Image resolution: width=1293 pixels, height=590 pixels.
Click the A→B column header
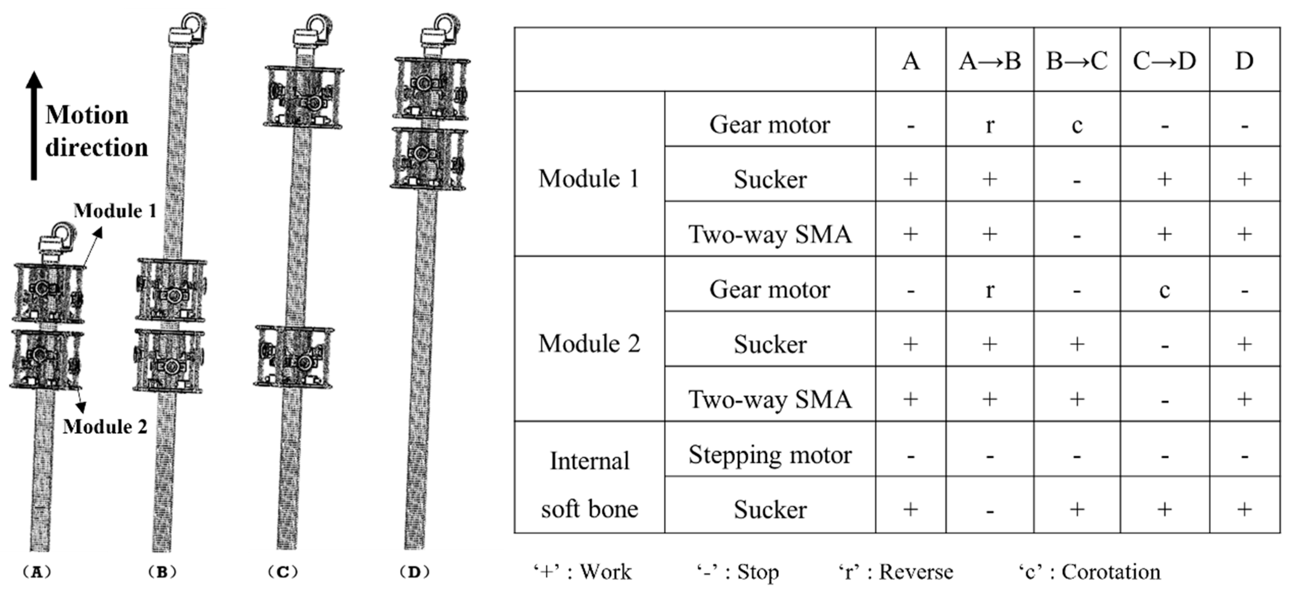(989, 61)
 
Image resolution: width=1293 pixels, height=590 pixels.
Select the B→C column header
(1077, 61)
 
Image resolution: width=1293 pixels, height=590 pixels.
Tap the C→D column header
(1165, 61)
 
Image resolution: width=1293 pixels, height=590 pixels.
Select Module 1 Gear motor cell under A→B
(989, 124)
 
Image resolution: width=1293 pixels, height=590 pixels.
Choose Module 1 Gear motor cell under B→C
(1077, 124)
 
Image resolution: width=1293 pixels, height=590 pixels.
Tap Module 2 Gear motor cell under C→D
(1165, 290)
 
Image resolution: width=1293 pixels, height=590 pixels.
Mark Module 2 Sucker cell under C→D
(1165, 345)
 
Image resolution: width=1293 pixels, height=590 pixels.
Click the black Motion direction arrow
(34, 126)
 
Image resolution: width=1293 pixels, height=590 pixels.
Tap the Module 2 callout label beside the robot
(105, 426)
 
